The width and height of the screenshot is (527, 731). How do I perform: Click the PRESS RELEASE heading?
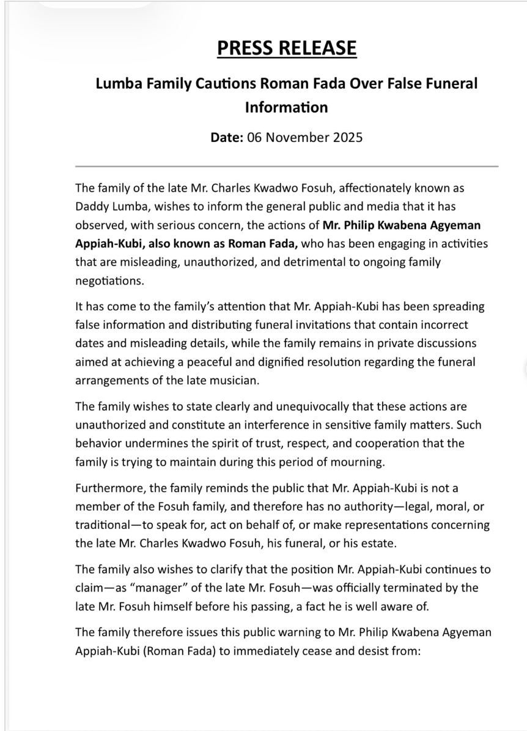tap(287, 48)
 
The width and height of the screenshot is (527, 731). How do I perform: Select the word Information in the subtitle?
tap(286, 108)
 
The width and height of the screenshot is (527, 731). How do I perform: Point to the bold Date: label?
tap(227, 137)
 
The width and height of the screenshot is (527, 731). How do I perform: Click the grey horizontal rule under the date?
tap(287, 166)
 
